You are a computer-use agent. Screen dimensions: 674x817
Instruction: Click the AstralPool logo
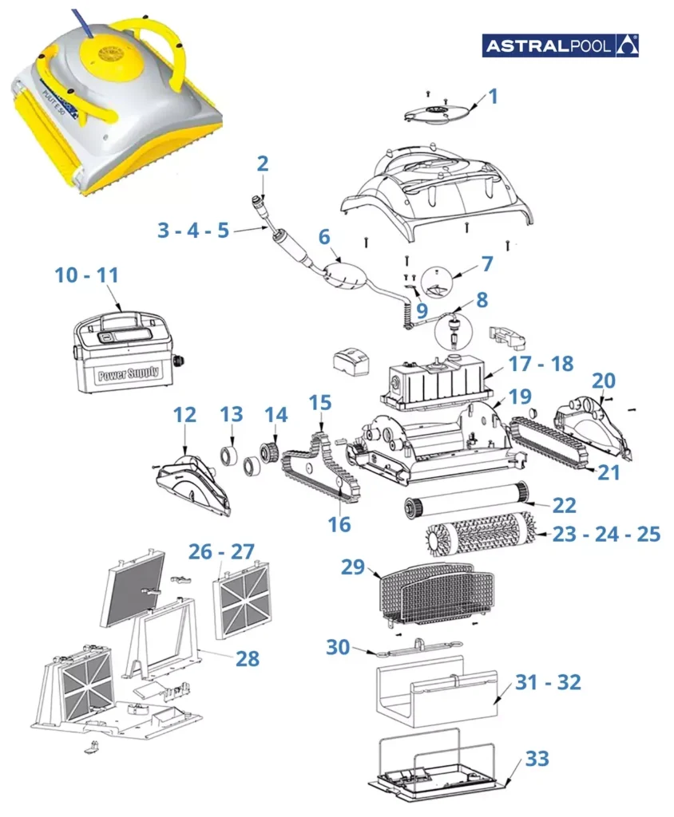[x=560, y=45]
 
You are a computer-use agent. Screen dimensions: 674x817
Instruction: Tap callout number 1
[x=493, y=97]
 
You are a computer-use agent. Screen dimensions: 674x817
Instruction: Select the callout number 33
[x=537, y=759]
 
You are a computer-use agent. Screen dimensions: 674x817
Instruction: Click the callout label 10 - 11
[x=86, y=275]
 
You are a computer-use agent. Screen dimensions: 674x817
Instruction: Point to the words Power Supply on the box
[x=129, y=373]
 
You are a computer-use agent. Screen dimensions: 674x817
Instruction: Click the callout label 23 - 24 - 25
[x=606, y=534]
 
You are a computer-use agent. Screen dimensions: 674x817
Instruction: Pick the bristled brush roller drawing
[x=481, y=534]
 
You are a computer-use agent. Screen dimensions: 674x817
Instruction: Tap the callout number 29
[x=352, y=567]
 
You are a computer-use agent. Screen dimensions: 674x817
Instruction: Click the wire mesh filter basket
[x=435, y=594]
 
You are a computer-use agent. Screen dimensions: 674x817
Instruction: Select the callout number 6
[x=324, y=236]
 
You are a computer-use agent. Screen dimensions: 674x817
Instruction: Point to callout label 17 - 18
[x=541, y=364]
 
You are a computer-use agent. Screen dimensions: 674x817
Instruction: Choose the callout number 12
[x=184, y=415]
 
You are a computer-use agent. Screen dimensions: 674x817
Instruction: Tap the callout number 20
[x=604, y=381]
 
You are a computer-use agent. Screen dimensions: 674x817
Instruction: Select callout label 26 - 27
[x=221, y=551]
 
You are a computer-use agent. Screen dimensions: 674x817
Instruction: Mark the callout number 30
[x=338, y=647]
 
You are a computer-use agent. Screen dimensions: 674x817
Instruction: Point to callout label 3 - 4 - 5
[x=193, y=230]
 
